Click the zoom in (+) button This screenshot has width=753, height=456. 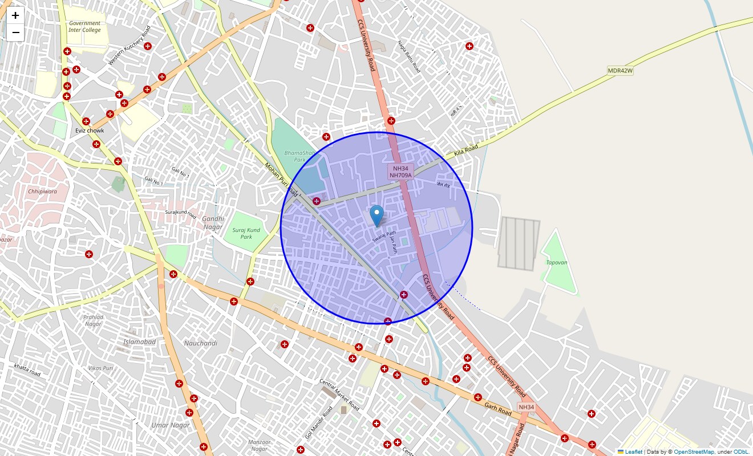point(15,15)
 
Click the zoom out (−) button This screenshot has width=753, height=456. point(15,32)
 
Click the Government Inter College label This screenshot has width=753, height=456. point(84,27)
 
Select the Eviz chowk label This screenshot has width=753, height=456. point(90,131)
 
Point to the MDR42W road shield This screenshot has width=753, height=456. point(621,71)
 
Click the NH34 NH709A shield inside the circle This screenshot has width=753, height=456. point(400,172)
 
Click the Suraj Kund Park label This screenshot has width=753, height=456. point(246,233)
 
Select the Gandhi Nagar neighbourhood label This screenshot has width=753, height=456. point(213,222)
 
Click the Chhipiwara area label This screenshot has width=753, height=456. point(42,192)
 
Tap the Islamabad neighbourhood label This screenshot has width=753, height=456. point(139,341)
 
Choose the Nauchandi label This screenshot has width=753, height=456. point(200,343)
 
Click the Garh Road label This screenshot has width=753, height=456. point(498,408)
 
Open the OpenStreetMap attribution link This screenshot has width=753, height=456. point(694,451)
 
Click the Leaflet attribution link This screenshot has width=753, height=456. point(633,451)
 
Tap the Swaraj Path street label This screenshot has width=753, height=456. point(384,236)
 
